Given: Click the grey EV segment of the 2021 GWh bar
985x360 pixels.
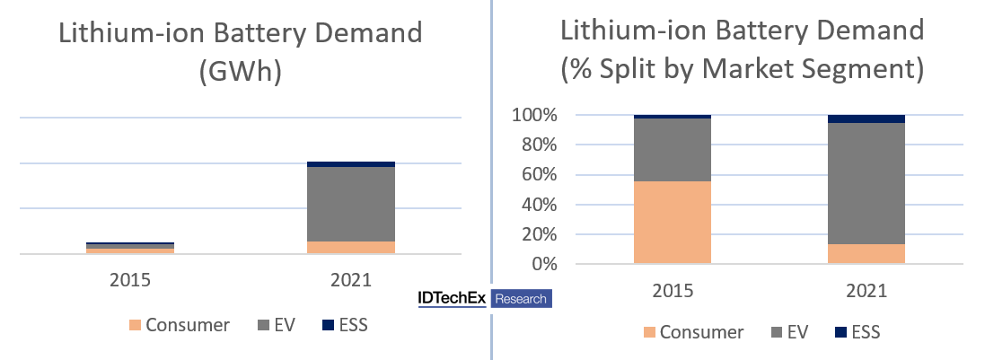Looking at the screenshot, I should tap(351, 204).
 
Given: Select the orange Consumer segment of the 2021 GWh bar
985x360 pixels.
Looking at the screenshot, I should tap(351, 247).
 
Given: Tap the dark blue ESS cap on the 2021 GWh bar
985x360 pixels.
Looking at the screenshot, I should tap(351, 164).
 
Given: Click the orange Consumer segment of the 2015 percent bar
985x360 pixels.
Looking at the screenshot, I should tap(672, 222).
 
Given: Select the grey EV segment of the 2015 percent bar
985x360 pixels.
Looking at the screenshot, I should tap(672, 150).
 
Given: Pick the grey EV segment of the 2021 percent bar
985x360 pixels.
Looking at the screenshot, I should tap(866, 183).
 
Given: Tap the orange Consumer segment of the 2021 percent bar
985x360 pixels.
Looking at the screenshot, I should tap(866, 254).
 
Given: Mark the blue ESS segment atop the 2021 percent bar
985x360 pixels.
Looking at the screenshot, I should tap(866, 119).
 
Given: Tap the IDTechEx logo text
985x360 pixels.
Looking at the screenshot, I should tap(451, 299).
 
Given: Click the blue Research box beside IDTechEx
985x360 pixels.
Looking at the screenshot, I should tap(521, 299).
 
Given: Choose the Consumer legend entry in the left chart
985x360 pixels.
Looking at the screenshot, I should tap(180, 325).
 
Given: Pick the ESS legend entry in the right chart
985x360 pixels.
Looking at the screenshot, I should tap(857, 332).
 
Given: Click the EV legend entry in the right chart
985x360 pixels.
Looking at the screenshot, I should tap(789, 332).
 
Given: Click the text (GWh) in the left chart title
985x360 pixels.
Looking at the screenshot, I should tap(240, 72).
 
